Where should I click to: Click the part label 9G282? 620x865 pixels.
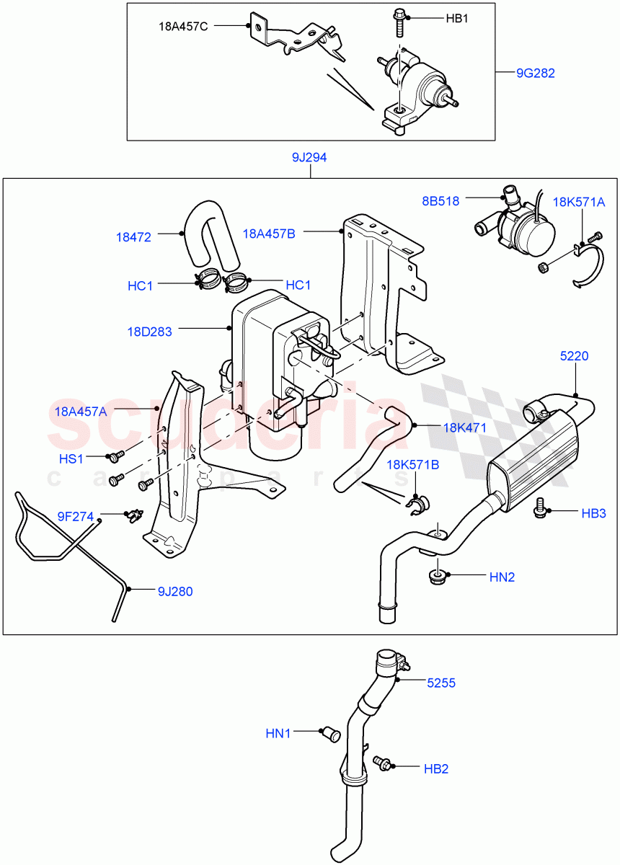(535, 73)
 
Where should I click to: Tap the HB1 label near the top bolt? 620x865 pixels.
(456, 18)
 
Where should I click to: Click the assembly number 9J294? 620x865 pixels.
(309, 157)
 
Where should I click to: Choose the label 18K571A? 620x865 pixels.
(579, 202)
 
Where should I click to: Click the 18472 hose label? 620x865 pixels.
(133, 236)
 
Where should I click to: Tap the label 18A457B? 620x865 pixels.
(269, 233)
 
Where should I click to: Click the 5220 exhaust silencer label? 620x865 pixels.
(575, 355)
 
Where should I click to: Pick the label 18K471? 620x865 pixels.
(464, 427)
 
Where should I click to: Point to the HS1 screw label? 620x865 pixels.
(71, 458)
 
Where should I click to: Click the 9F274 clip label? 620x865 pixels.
(76, 515)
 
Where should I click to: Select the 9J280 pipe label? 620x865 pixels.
(175, 592)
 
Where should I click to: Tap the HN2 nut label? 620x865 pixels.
(502, 577)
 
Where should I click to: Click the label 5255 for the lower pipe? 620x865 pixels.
(440, 682)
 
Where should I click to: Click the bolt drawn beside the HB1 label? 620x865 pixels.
(399, 22)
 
